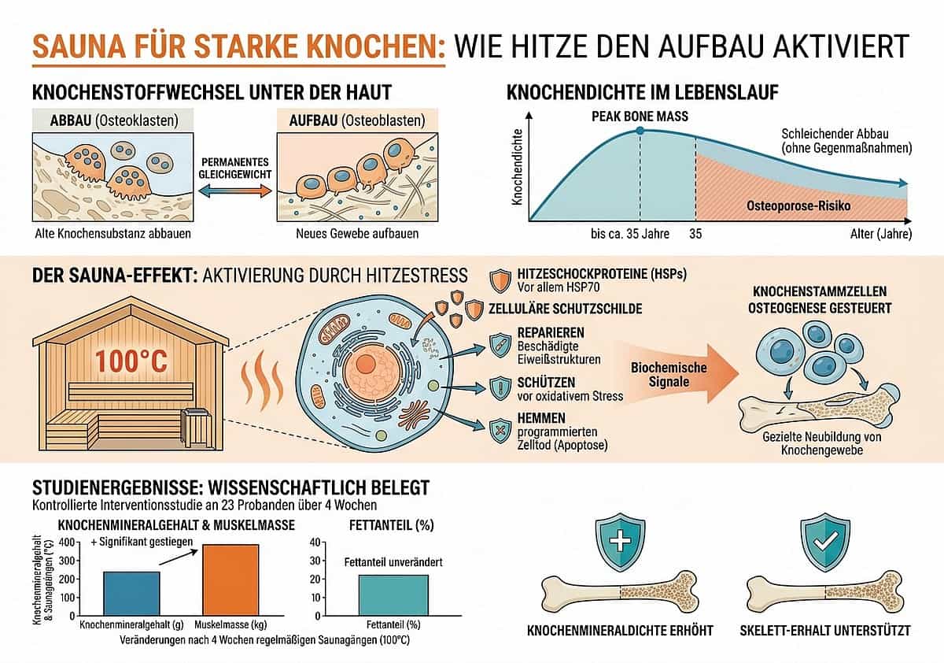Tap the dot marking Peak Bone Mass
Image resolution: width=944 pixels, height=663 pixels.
coord(640,131)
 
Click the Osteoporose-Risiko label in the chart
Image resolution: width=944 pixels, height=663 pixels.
coord(798,206)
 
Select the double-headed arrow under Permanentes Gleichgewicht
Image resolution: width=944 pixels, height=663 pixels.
coord(235,191)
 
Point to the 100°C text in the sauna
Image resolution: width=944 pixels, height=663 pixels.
coord(131,361)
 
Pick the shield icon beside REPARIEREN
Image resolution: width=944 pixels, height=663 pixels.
coord(500,346)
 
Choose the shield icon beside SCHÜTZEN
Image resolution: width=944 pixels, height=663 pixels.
coord(500,388)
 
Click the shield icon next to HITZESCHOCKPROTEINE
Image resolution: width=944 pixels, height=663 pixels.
coord(500,280)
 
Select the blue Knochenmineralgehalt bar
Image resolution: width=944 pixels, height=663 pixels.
coord(131,594)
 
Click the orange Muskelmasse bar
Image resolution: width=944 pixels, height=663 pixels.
coord(230,580)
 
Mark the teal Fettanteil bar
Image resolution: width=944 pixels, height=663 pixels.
coord(393,595)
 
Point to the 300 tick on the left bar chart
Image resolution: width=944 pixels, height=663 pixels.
coord(67,561)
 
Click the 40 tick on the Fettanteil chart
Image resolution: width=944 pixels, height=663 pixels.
coord(315,543)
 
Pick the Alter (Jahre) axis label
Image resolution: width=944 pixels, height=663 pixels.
coord(881,234)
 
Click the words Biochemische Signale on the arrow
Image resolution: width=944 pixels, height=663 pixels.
coord(669,375)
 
